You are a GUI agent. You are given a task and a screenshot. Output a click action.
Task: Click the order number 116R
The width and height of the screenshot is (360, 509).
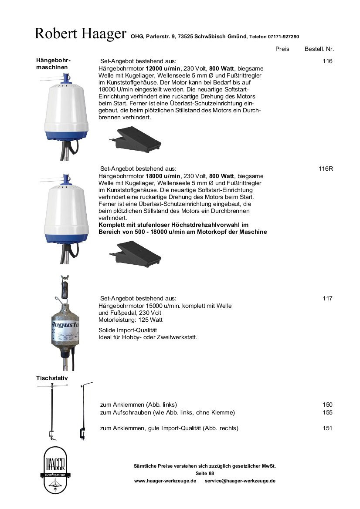(x=326, y=169)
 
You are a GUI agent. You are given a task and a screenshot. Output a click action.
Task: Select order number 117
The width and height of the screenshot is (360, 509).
(x=327, y=298)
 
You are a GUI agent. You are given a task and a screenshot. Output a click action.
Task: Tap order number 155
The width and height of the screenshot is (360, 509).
(x=327, y=412)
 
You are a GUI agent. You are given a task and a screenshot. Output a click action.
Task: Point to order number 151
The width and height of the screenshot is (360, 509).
(x=327, y=428)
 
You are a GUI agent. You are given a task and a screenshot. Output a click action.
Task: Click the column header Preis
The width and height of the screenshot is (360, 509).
(x=282, y=49)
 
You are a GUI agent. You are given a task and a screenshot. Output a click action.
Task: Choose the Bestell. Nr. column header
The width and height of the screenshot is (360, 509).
(x=319, y=49)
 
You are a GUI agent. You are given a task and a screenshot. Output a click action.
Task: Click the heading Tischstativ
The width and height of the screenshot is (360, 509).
(x=52, y=378)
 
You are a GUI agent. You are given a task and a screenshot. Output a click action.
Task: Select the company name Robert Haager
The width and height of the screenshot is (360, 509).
(x=81, y=34)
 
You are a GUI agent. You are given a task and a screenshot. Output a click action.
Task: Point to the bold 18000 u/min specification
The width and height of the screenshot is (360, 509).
(x=163, y=176)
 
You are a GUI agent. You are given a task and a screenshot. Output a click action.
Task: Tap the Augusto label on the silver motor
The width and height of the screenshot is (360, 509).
(x=65, y=325)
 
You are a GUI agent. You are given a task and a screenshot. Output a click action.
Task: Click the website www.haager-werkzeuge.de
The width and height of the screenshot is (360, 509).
(x=165, y=481)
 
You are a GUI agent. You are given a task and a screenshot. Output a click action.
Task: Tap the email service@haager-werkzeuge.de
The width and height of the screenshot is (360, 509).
(x=240, y=481)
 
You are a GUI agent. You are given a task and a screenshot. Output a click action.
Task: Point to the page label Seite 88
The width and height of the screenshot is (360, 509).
(x=205, y=473)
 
